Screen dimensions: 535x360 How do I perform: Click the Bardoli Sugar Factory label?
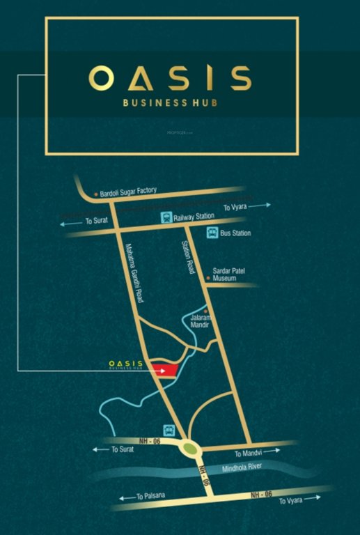129,191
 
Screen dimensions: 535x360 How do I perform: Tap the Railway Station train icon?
166,216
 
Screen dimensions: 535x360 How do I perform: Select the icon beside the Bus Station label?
211,233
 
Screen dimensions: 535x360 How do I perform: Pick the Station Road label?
187,256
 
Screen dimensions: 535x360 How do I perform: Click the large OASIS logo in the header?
170,78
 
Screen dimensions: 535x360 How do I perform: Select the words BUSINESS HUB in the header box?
171,104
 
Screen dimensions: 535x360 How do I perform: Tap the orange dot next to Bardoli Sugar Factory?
96,191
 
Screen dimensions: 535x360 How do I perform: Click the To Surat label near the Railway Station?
97,221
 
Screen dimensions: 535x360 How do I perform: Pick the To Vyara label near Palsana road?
292,501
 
